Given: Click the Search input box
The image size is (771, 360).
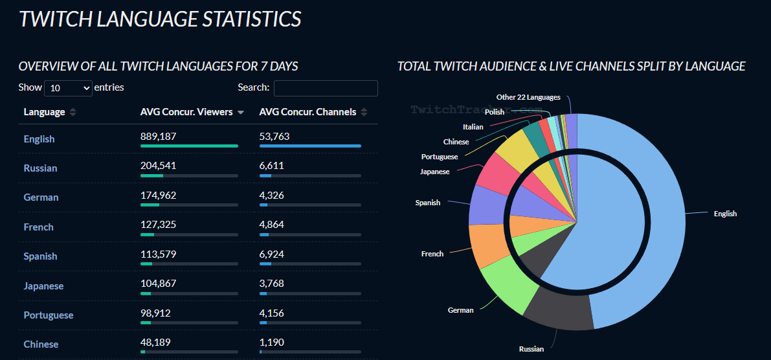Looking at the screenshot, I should coord(326,88).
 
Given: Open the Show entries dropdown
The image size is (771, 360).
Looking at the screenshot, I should coord(69,88).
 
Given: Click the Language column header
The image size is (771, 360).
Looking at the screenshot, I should coord(45,112).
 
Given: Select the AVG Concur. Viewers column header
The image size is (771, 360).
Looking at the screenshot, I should coord(186,112).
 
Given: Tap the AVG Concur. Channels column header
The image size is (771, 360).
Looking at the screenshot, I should coord(307,112).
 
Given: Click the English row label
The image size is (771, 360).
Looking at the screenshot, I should coord(39,139).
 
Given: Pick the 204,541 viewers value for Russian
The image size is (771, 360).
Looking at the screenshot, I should coord(158,166).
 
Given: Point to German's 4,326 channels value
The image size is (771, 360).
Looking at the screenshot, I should coord(271,195).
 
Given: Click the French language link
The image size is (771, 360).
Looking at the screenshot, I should coord(38,227).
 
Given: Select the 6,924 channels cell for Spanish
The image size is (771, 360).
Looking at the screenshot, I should coord(271,254).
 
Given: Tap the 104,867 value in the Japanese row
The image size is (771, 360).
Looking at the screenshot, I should coord(158,283).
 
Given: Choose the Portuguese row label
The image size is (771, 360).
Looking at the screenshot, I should coord(49,315).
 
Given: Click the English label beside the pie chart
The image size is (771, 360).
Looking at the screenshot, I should coord(725,214).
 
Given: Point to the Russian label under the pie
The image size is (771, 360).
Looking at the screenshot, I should coord(531,350).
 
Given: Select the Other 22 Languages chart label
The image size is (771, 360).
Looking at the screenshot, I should coord(528,97).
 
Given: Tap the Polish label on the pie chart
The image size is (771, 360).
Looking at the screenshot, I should coord(495,112).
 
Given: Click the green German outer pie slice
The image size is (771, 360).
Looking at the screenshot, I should coord(506,288).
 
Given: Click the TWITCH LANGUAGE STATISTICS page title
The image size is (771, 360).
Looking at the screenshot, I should coord(160,19).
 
